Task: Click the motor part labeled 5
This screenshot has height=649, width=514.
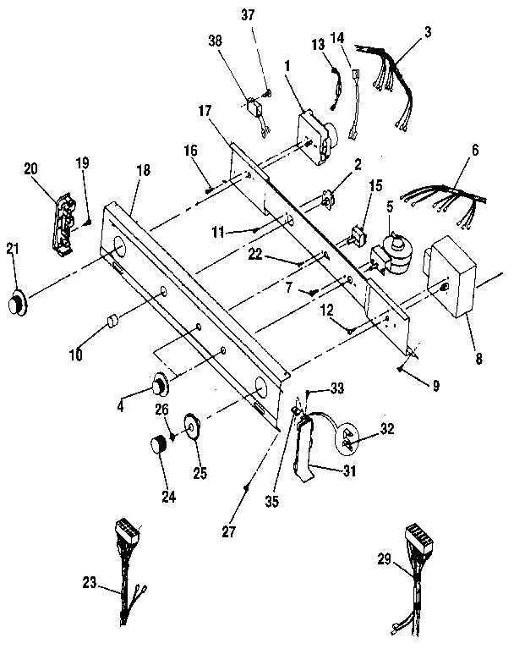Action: click(391, 251)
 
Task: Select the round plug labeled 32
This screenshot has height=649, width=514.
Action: click(347, 440)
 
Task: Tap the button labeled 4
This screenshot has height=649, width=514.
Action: click(158, 387)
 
